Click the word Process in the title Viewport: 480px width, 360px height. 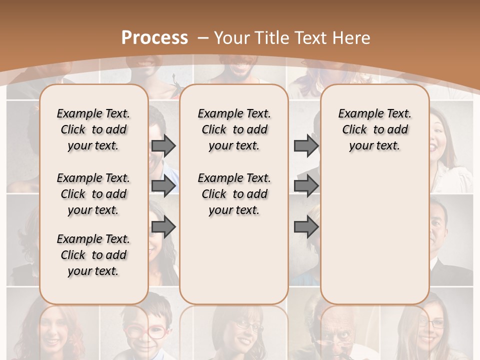154,38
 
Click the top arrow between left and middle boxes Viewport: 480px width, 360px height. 163,145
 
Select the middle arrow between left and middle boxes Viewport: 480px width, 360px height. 163,186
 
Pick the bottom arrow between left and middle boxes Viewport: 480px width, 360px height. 163,227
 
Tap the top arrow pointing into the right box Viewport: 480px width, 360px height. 306,145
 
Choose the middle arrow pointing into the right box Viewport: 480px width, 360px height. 306,186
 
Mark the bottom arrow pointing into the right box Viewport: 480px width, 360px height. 306,227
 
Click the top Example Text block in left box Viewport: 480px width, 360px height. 93,129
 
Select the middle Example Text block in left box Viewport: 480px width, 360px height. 93,194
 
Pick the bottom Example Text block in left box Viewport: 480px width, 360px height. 93,255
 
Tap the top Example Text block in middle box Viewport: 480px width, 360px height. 234,129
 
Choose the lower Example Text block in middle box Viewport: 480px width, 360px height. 234,194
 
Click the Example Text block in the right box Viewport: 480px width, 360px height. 374,129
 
